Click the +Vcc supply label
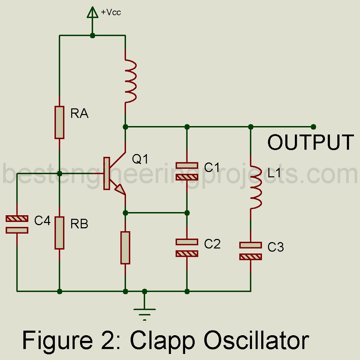(111, 12)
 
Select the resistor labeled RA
(59, 122)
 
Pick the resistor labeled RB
(59, 232)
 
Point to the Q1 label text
(140, 159)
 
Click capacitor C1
(187, 170)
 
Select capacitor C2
(187, 247)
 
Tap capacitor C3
(250, 250)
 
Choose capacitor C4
(17, 224)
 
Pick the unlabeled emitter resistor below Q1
(126, 248)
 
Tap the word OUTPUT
(310, 142)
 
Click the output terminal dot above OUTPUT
(313, 127)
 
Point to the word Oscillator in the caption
(256, 340)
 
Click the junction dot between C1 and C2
(187, 212)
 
